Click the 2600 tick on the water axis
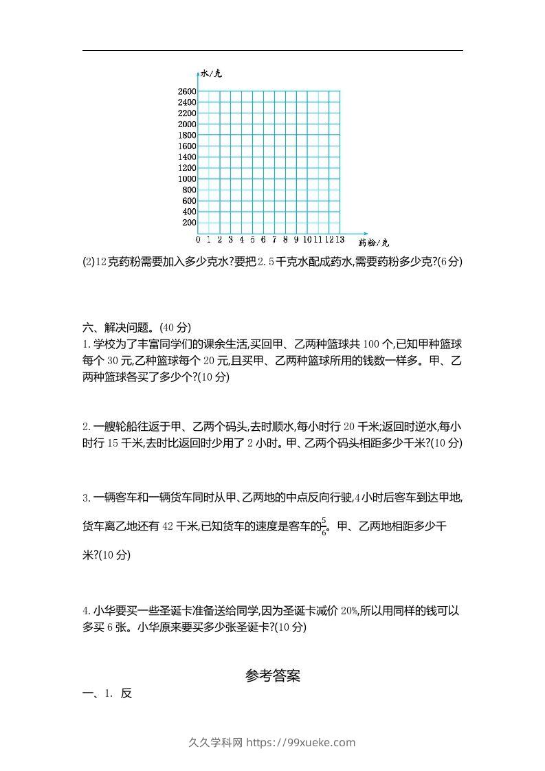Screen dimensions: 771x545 point(187,91)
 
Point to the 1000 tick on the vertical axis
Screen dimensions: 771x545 point(187,179)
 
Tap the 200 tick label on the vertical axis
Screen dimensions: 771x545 point(189,223)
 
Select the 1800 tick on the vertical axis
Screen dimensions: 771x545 point(187,135)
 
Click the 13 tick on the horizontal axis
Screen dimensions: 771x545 point(340,239)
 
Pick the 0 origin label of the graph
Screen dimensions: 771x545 point(198,239)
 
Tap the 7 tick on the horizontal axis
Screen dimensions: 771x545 point(274,239)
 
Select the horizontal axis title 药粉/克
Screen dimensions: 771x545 point(374,243)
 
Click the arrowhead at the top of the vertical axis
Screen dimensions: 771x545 point(197,71)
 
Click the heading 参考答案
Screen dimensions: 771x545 point(272,676)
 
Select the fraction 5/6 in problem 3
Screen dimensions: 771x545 point(324,527)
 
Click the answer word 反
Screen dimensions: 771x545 point(126,693)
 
